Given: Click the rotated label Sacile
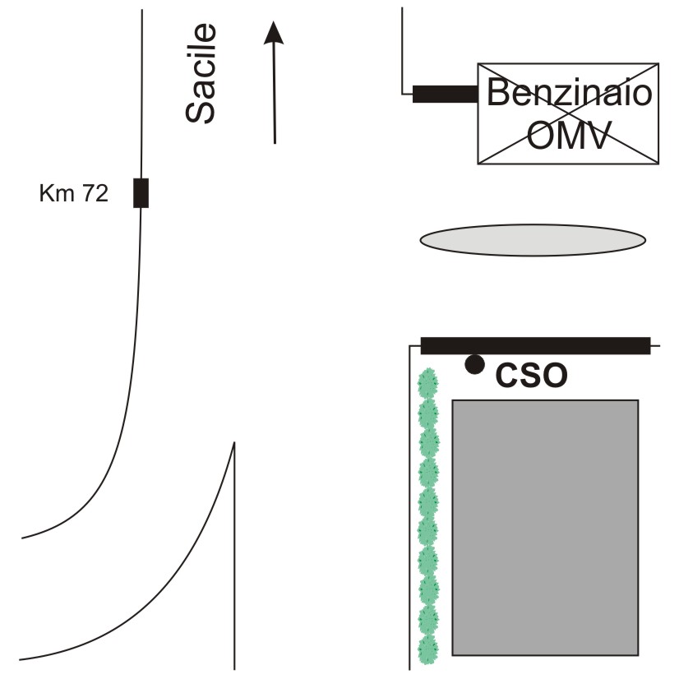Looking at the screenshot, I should (201, 74).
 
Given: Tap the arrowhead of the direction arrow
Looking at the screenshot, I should (274, 32).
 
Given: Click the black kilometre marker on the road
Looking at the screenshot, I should (141, 192).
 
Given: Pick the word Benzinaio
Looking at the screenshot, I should (569, 93).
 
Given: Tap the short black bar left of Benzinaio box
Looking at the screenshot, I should (445, 95).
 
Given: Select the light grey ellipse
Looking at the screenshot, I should (533, 239).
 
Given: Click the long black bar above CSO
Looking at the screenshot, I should (535, 345).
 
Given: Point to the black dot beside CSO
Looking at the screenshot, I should (474, 364).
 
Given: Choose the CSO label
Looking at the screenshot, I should (532, 376).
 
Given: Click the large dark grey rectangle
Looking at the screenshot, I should (545, 527).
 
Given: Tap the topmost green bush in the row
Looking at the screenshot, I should (427, 383).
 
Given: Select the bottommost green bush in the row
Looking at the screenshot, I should (427, 649).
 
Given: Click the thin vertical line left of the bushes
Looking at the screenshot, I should (410, 510).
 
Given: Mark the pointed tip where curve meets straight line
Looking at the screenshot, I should (235, 444).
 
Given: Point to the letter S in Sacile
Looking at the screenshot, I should (201, 110).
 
